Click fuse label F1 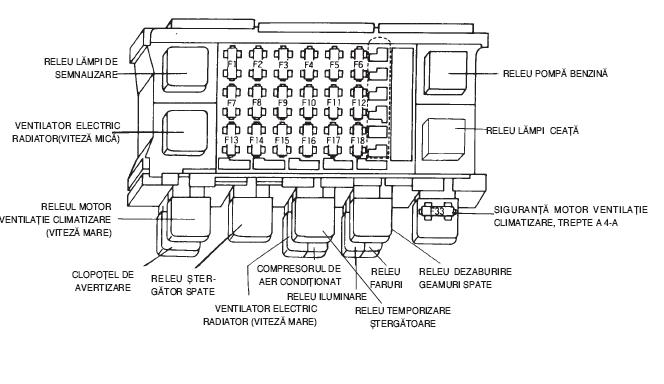click(x=232, y=64)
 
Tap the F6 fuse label click(x=358, y=65)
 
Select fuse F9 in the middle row click(x=282, y=102)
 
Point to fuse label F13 click(x=232, y=140)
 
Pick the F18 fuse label click(x=357, y=140)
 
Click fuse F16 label click(x=309, y=140)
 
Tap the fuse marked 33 click(x=437, y=210)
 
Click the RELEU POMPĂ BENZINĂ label click(x=555, y=73)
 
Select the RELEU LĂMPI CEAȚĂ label click(x=532, y=130)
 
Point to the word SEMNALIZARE click(x=86, y=75)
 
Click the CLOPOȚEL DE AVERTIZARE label click(x=103, y=281)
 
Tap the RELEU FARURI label click(x=386, y=278)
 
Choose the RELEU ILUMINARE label click(x=326, y=296)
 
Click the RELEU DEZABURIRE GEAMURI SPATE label click(x=465, y=278)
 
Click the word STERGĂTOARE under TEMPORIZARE click(x=403, y=323)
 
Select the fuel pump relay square click(x=445, y=73)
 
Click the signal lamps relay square click(x=186, y=69)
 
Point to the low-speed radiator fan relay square click(x=185, y=133)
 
